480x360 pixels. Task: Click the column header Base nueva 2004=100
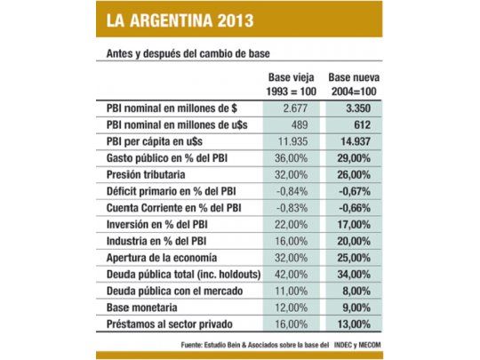tap(356, 84)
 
